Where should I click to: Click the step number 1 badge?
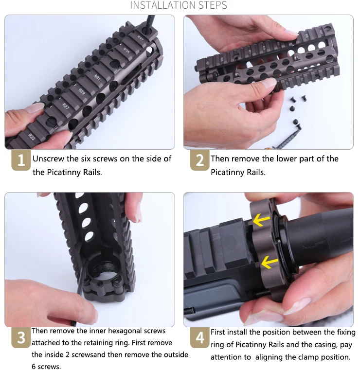click(x=21, y=160)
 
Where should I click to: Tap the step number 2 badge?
click(x=200, y=160)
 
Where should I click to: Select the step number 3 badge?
click(x=21, y=338)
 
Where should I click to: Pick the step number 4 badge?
click(x=200, y=338)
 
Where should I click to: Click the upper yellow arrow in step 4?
click(x=261, y=220)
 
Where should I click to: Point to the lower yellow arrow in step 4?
click(x=270, y=262)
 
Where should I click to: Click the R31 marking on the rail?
click(x=97, y=77)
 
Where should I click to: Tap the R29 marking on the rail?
click(x=82, y=91)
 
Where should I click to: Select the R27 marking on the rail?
click(x=66, y=106)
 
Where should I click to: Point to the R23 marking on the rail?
click(x=32, y=137)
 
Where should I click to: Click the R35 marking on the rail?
click(x=126, y=50)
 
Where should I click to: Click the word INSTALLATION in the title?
click(x=163, y=5)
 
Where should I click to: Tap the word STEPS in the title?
click(x=213, y=5)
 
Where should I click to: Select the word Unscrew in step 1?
click(x=48, y=159)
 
